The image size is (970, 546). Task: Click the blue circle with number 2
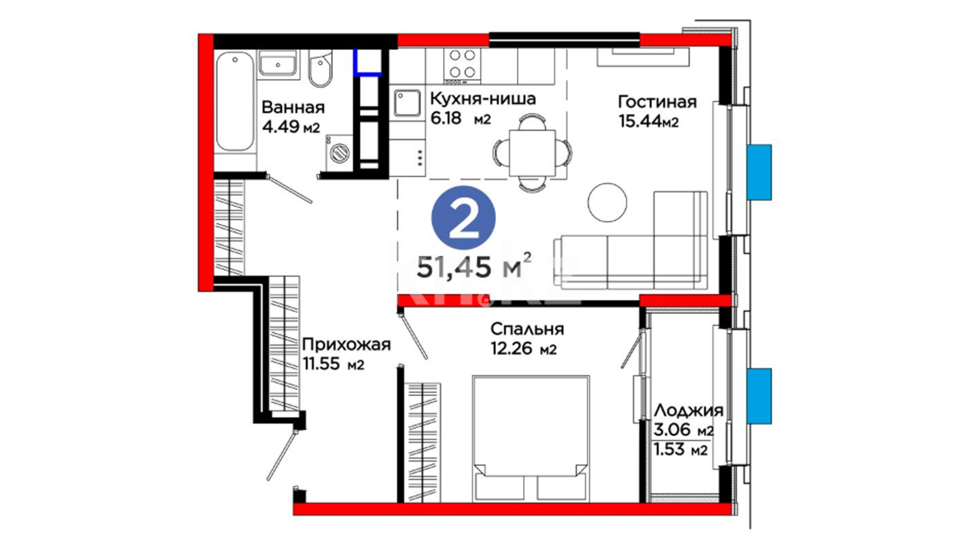[x=463, y=218]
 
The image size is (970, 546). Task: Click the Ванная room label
[x=293, y=107]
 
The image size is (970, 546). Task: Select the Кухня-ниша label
[x=482, y=98]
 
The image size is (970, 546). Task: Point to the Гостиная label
[x=657, y=102]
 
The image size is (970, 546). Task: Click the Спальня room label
[x=527, y=329]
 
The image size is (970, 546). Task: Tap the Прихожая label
[x=347, y=345]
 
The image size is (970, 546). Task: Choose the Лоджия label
[x=688, y=411]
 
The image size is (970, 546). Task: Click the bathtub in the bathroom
[x=235, y=102]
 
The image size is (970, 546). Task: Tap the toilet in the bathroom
[x=320, y=69]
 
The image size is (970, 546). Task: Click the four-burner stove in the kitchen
[x=462, y=66]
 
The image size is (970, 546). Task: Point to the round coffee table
[x=607, y=202]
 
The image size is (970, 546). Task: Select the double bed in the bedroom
[x=531, y=439]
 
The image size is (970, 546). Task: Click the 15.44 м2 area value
[x=648, y=121]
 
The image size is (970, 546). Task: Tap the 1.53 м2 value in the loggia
[x=681, y=449]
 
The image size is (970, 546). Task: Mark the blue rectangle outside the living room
[x=759, y=172]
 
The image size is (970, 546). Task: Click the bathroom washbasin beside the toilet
[x=277, y=65]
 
